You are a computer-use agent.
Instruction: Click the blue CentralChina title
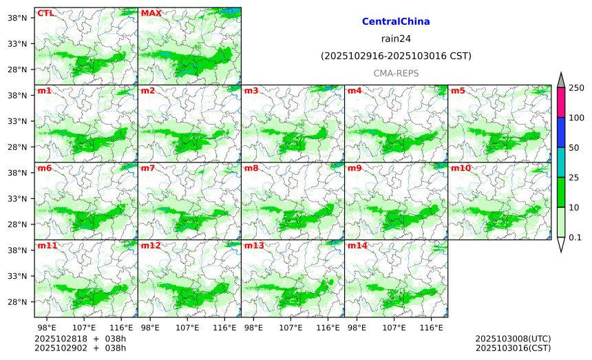(x=396, y=22)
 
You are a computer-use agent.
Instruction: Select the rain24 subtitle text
(x=396, y=39)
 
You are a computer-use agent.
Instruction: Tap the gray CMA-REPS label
(x=396, y=73)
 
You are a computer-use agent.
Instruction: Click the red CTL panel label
(x=45, y=13)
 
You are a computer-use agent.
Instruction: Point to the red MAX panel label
(x=151, y=13)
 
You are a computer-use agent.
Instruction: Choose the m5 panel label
(x=458, y=91)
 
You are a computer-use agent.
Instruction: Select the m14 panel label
(x=357, y=246)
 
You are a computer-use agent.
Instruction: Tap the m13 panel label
(x=253, y=246)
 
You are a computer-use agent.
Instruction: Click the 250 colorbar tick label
(x=576, y=87)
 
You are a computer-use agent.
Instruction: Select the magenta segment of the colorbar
(x=561, y=102)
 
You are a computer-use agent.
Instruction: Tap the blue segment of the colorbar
(x=561, y=132)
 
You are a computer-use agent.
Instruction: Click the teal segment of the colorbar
(x=561, y=162)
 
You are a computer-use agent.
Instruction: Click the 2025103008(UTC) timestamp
(x=513, y=339)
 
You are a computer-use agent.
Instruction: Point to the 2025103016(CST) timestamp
(x=513, y=348)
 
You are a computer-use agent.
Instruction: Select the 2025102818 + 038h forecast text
(x=80, y=339)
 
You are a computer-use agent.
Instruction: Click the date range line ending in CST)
(x=396, y=56)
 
